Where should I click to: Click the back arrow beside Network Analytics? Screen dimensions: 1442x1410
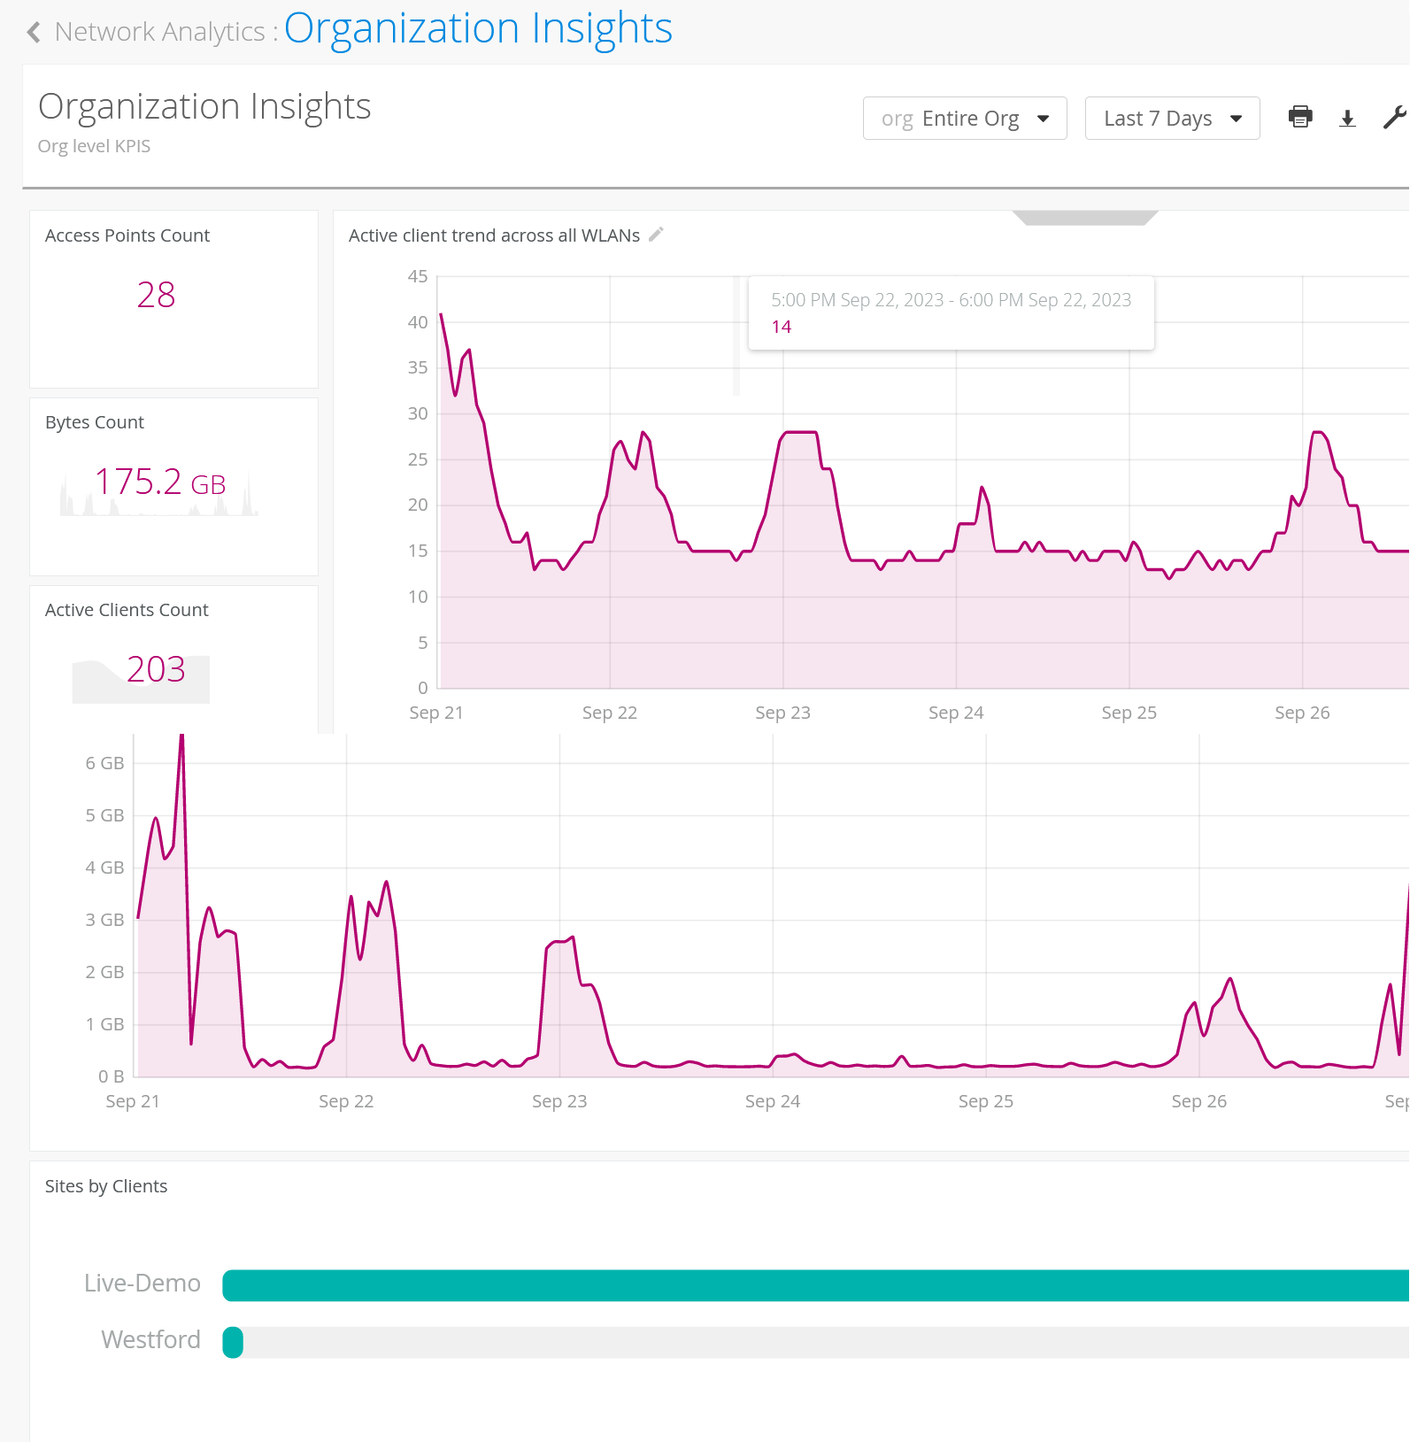34,33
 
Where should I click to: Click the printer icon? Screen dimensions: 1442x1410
1300,117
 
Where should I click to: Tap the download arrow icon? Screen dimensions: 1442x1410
1347,119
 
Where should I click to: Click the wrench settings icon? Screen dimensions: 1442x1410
1394,118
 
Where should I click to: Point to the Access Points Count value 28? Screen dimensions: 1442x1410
156,295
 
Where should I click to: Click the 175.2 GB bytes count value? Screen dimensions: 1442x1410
160,482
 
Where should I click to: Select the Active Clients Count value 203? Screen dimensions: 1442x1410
156,669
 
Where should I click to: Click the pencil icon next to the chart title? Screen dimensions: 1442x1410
656,235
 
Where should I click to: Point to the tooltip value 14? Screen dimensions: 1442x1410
781,327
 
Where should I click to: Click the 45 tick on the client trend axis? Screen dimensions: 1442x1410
418,277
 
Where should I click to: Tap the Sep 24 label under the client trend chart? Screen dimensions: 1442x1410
955,713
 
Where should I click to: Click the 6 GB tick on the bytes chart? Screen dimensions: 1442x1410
104,763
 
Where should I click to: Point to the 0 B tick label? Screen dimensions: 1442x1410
111,1076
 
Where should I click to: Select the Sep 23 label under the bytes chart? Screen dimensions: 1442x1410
559,1101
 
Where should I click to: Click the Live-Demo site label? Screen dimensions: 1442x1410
143,1284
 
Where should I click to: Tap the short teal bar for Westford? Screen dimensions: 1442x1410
233,1342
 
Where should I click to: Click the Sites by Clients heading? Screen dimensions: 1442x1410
106,1186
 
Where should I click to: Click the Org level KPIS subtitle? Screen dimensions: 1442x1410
94,146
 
